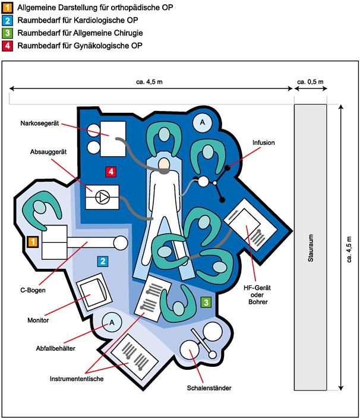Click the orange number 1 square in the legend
7,8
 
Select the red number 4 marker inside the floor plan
111,172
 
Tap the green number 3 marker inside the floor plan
206,302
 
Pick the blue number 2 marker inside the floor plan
103,261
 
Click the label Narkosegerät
40,123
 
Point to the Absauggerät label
48,152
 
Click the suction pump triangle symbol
103,198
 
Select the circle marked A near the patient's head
203,122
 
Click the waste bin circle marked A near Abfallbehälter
112,322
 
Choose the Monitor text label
38,320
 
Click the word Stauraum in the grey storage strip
311,248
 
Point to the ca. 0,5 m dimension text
310,82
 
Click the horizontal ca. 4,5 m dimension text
149,82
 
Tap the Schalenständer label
209,388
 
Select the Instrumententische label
77,379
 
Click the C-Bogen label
33,290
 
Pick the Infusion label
263,142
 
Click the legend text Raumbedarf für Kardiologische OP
78,20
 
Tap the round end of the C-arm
121,243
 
